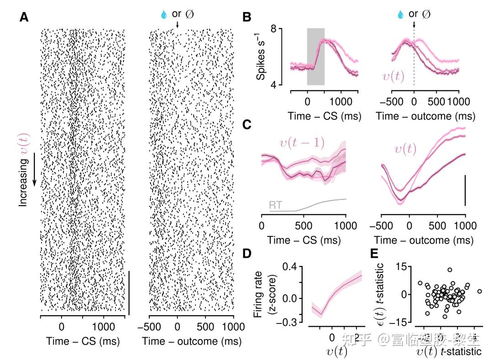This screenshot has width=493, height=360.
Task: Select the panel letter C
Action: click(246, 124)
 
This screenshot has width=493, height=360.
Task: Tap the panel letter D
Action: click(246, 253)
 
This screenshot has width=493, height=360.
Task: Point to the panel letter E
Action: click(375, 253)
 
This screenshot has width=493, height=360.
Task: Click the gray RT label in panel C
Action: click(275, 205)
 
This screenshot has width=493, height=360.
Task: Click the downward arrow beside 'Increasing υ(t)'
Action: click(34, 179)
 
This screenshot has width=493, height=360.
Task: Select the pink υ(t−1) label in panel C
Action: click(302, 143)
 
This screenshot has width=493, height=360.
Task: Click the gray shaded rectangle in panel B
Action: click(316, 57)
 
